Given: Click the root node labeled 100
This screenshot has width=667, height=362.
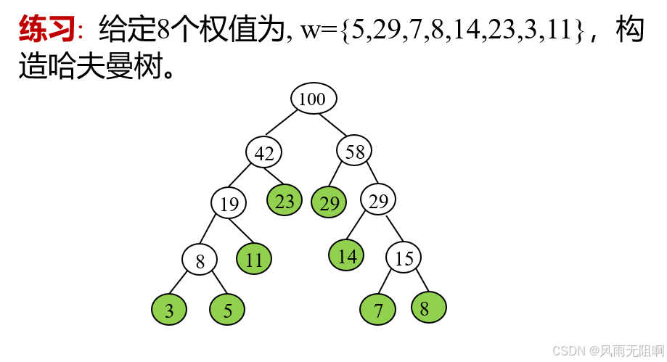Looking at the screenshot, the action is pos(314,99).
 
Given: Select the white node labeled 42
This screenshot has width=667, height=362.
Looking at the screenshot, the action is pos(264,152).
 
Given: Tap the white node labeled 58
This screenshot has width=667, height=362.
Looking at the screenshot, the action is pos(355,151).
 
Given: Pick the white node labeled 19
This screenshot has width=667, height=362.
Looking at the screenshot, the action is pos(229,204).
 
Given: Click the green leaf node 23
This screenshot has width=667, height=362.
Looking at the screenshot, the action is pos(285,201).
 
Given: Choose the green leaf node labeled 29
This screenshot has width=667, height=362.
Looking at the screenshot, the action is pos(330,203).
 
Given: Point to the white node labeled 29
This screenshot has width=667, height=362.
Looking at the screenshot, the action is pos(378,200).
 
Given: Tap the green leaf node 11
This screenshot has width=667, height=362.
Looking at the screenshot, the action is pos(254,259).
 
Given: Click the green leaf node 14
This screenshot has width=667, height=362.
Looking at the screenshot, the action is pos(347,255).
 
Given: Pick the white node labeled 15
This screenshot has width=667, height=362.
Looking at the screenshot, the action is pos(404,258).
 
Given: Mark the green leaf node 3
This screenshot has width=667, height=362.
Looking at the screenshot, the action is pos(169,310).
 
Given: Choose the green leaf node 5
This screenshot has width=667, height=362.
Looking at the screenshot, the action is pos(227,310).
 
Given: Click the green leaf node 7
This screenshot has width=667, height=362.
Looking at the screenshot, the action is pos(378,310).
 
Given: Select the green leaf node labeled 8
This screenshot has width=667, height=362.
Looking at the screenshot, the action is pos(428,308).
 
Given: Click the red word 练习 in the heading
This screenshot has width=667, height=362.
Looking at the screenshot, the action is pos(47,30).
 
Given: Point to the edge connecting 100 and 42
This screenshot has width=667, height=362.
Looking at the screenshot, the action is pos(288,126).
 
